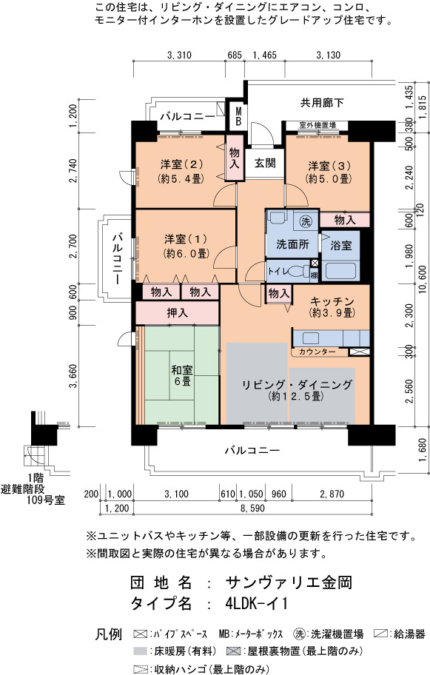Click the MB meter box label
pyautogui.click(x=238, y=115)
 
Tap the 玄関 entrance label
pyautogui.click(x=265, y=163)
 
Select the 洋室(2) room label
pyautogui.click(x=181, y=164)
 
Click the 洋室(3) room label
pyautogui.click(x=329, y=166)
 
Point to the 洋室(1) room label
pyautogui.click(x=186, y=239)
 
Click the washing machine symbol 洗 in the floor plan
pyautogui.click(x=306, y=221)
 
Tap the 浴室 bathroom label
pyautogui.click(x=341, y=246)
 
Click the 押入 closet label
pyautogui.click(x=178, y=313)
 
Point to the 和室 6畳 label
pyautogui.click(x=182, y=375)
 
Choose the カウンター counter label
pyautogui.click(x=317, y=352)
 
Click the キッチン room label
pyautogui.click(x=332, y=301)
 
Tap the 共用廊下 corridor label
pyautogui.click(x=322, y=102)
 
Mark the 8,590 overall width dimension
pyautogui.click(x=252, y=508)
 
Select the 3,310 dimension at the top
pyautogui.click(x=178, y=55)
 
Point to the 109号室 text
pyautogui.click(x=45, y=500)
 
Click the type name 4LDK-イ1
pyautogui.click(x=256, y=603)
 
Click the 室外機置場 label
pyautogui.click(x=318, y=125)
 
